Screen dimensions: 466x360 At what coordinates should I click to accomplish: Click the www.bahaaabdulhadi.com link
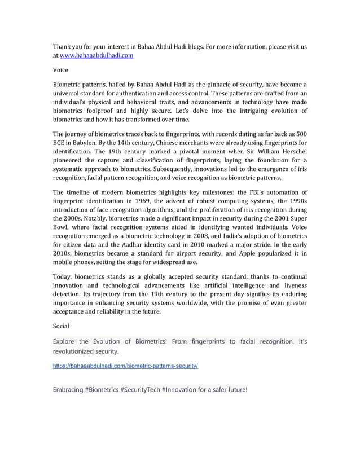click(96, 55)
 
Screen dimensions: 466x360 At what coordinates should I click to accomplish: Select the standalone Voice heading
click(60, 70)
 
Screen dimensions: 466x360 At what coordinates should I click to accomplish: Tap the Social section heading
click(62, 326)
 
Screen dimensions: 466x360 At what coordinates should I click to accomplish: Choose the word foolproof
click(112, 111)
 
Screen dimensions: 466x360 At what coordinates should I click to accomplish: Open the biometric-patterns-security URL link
click(125, 366)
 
